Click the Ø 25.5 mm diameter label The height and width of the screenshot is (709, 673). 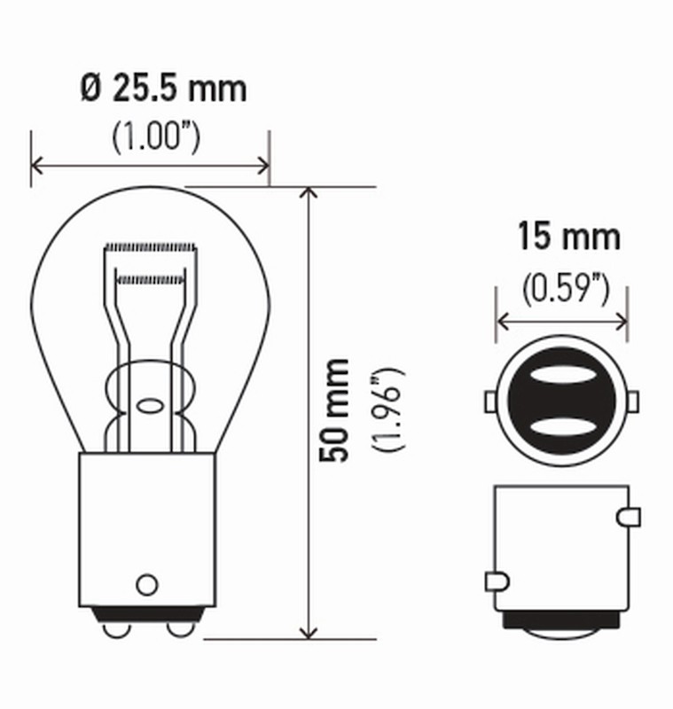click(x=163, y=89)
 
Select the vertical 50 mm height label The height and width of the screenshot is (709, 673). click(x=336, y=409)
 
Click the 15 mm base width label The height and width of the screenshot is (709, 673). click(x=568, y=238)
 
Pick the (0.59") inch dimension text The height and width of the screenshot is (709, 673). click(x=565, y=288)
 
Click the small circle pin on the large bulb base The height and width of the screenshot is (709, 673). click(x=146, y=584)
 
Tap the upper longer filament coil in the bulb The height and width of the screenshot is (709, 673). click(x=149, y=245)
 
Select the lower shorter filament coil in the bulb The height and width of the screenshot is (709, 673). click(x=150, y=279)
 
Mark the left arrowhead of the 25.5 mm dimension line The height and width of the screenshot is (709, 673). click(x=36, y=164)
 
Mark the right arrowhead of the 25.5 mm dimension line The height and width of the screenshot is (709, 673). click(x=263, y=164)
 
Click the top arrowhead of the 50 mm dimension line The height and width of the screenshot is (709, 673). click(x=308, y=192)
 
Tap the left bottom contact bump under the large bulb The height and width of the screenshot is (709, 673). click(x=113, y=627)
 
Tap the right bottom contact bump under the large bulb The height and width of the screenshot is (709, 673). click(x=179, y=627)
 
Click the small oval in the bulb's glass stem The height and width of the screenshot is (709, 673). click(x=149, y=408)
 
